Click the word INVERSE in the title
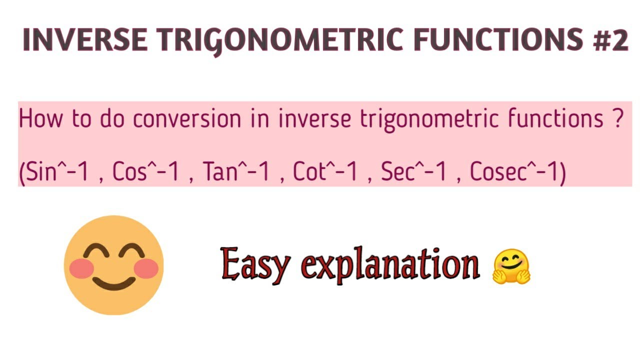point(84,40)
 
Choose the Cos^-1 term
point(145,172)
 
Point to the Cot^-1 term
point(325,172)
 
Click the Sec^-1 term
point(415,172)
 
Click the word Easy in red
point(254,264)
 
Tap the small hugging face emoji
point(511,267)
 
